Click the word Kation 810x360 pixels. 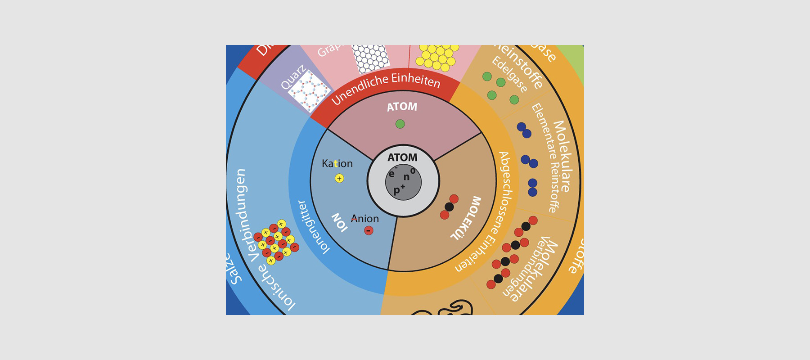pos(337,164)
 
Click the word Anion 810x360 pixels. pos(365,219)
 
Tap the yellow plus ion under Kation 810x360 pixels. pos(339,179)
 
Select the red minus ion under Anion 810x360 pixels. pos(369,231)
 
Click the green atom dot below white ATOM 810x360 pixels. pos(400,124)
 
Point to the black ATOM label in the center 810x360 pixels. pos(402,157)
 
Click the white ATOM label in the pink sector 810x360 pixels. pos(402,107)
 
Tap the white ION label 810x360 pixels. pos(339,222)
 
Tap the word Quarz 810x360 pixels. pos(293,77)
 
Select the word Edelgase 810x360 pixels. pos(509,75)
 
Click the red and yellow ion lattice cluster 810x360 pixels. pos(275,242)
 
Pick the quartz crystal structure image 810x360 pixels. pos(309,91)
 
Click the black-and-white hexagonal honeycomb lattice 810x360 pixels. pos(370,58)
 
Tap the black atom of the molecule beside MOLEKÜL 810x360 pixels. pos(449,207)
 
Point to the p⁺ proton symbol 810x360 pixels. pos(399,189)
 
